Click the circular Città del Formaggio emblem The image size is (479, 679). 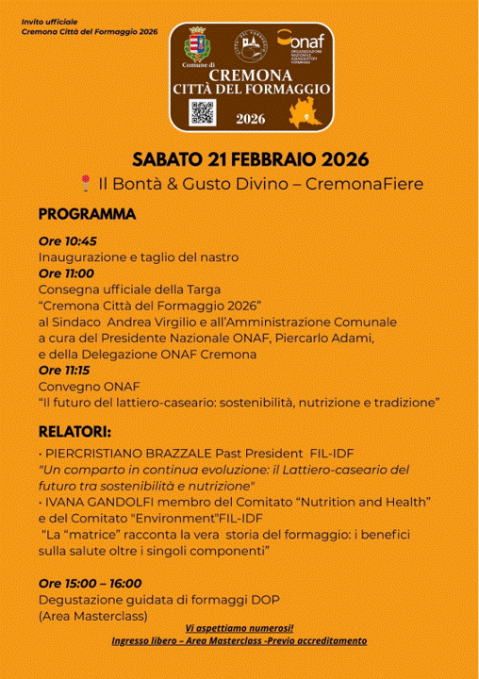(249, 44)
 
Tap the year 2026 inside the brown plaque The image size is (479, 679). (250, 120)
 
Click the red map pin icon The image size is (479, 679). (86, 183)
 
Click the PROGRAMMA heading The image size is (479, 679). (87, 215)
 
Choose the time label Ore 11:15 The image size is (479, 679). (66, 371)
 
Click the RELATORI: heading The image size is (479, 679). (74, 432)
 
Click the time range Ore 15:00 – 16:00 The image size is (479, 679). (90, 584)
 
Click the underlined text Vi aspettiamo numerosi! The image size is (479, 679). (239, 628)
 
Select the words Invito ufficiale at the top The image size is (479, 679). (50, 20)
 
